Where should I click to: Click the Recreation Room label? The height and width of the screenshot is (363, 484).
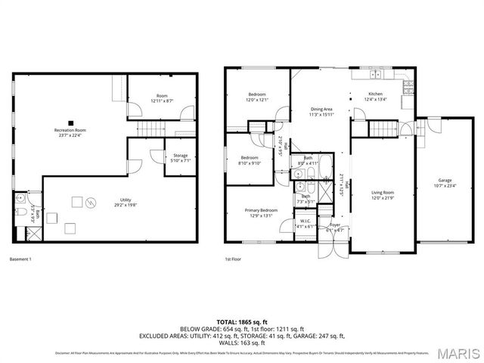click(70, 131)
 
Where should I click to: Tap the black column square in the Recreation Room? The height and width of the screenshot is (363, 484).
click(70, 122)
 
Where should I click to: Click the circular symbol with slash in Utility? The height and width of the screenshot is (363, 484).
click(92, 202)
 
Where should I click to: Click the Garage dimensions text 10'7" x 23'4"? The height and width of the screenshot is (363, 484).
click(445, 185)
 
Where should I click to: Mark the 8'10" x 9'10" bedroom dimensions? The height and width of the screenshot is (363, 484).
click(250, 163)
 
